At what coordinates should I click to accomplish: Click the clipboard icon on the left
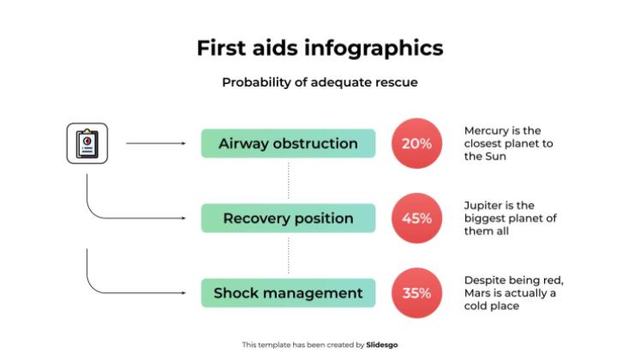pos(87,143)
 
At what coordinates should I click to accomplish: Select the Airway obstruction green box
pos(288,143)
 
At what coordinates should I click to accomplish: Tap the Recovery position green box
pos(288,219)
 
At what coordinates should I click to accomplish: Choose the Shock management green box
pos(288,293)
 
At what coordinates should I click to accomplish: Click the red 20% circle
pos(416,143)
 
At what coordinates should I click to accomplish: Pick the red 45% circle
pos(416,219)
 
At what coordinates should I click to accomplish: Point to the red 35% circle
pos(416,293)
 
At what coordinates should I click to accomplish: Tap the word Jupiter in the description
pos(485,206)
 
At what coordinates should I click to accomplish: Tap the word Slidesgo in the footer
pos(381,345)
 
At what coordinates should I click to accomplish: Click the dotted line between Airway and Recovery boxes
pos(288,180)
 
